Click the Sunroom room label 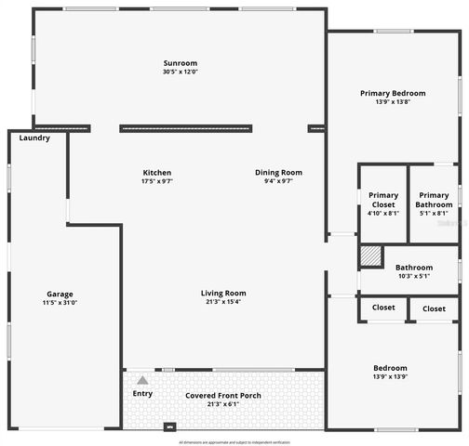tap(181, 63)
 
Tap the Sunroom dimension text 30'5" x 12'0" tap(181, 72)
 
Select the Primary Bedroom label tap(393, 93)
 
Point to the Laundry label tap(34, 138)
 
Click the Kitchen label tap(156, 172)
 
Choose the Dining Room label tap(279, 172)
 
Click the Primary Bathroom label tap(434, 200)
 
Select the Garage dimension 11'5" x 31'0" tap(60, 303)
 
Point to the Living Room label tap(223, 294)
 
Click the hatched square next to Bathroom tap(371, 256)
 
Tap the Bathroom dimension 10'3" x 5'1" tap(412, 275)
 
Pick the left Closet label tap(383, 308)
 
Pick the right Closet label tap(434, 308)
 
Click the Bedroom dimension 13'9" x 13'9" tap(391, 375)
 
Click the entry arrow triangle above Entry tap(142, 380)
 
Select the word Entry tap(142, 393)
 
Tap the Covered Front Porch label tap(223, 395)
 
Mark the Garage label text tap(60, 294)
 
